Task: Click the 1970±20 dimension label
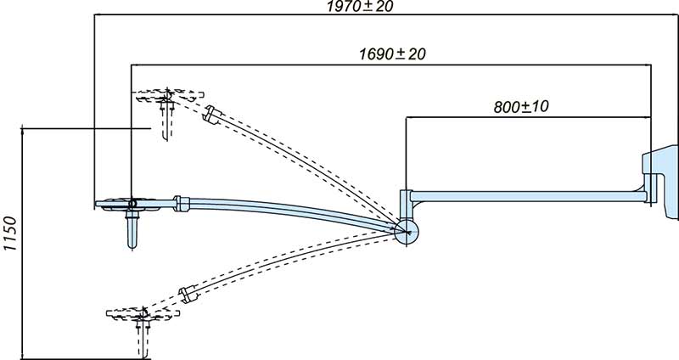click(360, 6)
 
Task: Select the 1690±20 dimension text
click(392, 54)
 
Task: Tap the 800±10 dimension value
click(521, 107)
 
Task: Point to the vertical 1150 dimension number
click(10, 233)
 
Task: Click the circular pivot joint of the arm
click(407, 232)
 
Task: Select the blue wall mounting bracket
click(661, 182)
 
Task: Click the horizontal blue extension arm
click(528, 196)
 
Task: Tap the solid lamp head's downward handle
click(132, 229)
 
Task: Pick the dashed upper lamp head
click(169, 96)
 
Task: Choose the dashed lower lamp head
click(143, 314)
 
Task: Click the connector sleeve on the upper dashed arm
click(213, 115)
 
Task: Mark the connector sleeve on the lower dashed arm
click(188, 294)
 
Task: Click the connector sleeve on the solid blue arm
click(182, 204)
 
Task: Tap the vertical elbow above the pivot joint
click(406, 205)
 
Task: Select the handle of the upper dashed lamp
click(166, 120)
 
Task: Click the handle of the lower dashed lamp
click(143, 339)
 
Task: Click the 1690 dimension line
click(391, 65)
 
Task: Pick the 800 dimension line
click(528, 117)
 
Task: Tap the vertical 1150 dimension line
click(22, 244)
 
